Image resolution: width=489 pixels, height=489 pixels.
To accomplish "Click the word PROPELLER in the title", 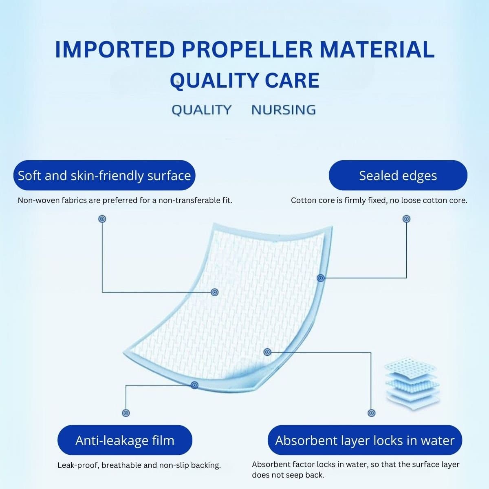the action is point(247,49).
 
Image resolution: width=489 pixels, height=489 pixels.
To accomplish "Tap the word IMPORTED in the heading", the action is point(115,49).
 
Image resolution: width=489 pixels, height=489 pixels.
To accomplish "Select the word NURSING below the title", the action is point(284,110).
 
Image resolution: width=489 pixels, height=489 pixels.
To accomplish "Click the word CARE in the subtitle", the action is point(292,80).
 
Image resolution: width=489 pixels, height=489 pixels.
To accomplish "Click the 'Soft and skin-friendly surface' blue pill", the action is point(104,175).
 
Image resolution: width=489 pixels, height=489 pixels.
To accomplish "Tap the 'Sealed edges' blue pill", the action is point(398,175).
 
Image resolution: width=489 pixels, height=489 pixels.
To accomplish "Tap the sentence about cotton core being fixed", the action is point(379,200).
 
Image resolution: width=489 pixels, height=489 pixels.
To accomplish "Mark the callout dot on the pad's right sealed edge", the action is point(321,278).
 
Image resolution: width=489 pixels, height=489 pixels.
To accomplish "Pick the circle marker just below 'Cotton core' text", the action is point(407,219).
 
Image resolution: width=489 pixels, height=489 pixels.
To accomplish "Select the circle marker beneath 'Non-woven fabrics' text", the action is point(102,219).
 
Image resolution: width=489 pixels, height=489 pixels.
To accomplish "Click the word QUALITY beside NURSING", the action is point(202,110).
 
